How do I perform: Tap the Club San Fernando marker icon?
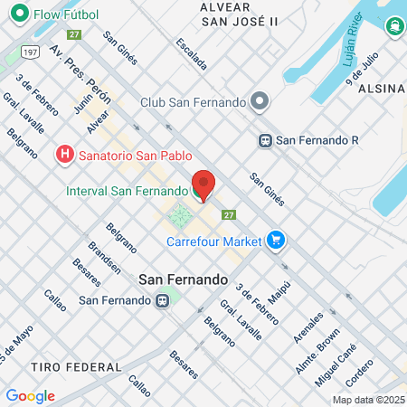[x=260, y=100]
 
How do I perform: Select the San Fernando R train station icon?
[x=265, y=140]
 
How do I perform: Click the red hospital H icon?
[x=65, y=155]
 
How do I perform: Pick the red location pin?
[x=203, y=185]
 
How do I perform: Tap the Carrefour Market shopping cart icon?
[x=277, y=241]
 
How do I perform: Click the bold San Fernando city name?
[x=183, y=279]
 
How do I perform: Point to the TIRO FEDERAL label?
[x=76, y=366]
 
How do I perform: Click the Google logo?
[x=30, y=395]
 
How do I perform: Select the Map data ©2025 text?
[x=367, y=401]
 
